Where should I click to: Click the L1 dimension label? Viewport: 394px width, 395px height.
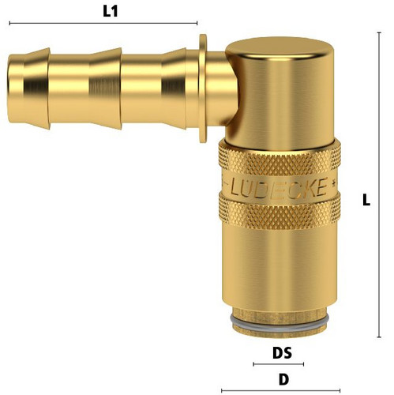tap(111, 11)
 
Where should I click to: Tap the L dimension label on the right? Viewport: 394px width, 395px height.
tap(366, 200)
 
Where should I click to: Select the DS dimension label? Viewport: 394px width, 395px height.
tap(282, 353)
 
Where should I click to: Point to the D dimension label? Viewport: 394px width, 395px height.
tap(283, 380)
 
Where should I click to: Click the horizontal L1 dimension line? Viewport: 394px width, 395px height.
tap(103, 23)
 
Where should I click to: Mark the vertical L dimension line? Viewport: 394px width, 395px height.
tap(379, 185)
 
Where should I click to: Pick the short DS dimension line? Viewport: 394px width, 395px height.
tap(279, 364)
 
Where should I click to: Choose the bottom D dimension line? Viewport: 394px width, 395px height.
tap(281, 390)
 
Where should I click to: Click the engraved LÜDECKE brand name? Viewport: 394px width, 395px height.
tap(279, 187)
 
